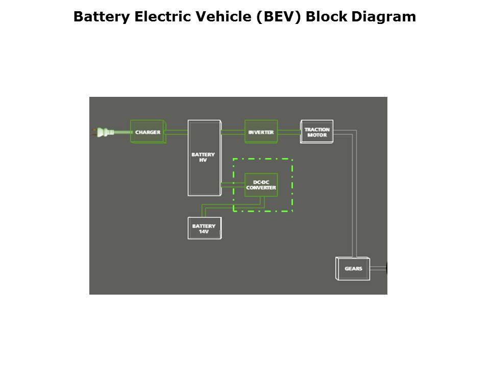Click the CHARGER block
click(148, 132)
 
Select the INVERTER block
click(261, 132)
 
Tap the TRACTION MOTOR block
click(316, 132)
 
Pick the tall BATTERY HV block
click(204, 158)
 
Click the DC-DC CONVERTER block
click(261, 185)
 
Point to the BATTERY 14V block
click(204, 228)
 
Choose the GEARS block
click(353, 268)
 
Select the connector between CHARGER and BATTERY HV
click(177, 133)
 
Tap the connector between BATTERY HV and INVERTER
click(233, 133)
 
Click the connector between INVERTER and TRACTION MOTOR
click(289, 133)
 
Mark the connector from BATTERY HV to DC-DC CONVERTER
click(233, 183)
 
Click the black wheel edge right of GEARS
click(386, 268)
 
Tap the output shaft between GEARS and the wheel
click(378, 268)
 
